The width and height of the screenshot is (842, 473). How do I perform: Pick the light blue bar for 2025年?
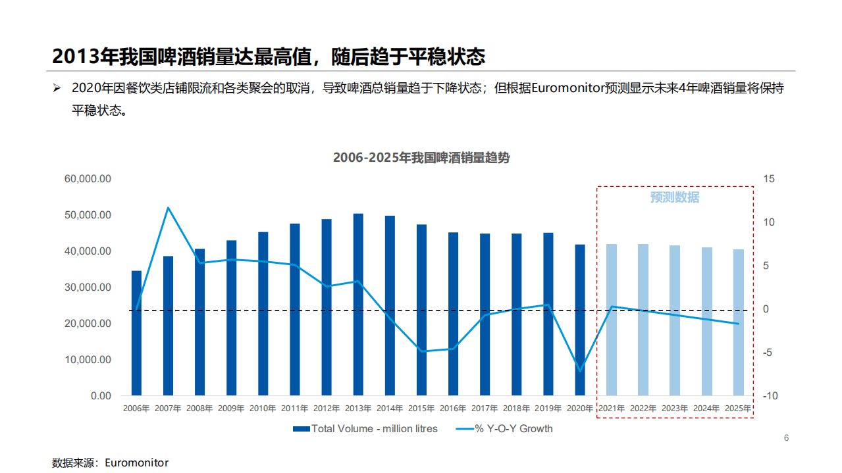point(738,322)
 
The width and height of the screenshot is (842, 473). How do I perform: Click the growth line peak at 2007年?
point(168,208)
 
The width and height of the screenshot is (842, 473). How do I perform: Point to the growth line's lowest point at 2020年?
point(580,371)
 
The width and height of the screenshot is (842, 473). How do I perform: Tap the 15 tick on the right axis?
point(769,179)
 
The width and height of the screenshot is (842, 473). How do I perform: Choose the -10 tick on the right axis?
point(769,396)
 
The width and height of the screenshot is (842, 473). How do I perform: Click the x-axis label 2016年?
point(453,409)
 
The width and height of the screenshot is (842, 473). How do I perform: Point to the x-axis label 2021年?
point(612,409)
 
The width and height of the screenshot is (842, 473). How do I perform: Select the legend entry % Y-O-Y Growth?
point(513,429)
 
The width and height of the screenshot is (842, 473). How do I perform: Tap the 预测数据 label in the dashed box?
point(675,197)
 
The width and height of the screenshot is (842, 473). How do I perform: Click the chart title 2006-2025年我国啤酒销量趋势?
point(421,158)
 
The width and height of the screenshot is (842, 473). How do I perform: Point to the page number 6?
point(785,439)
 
